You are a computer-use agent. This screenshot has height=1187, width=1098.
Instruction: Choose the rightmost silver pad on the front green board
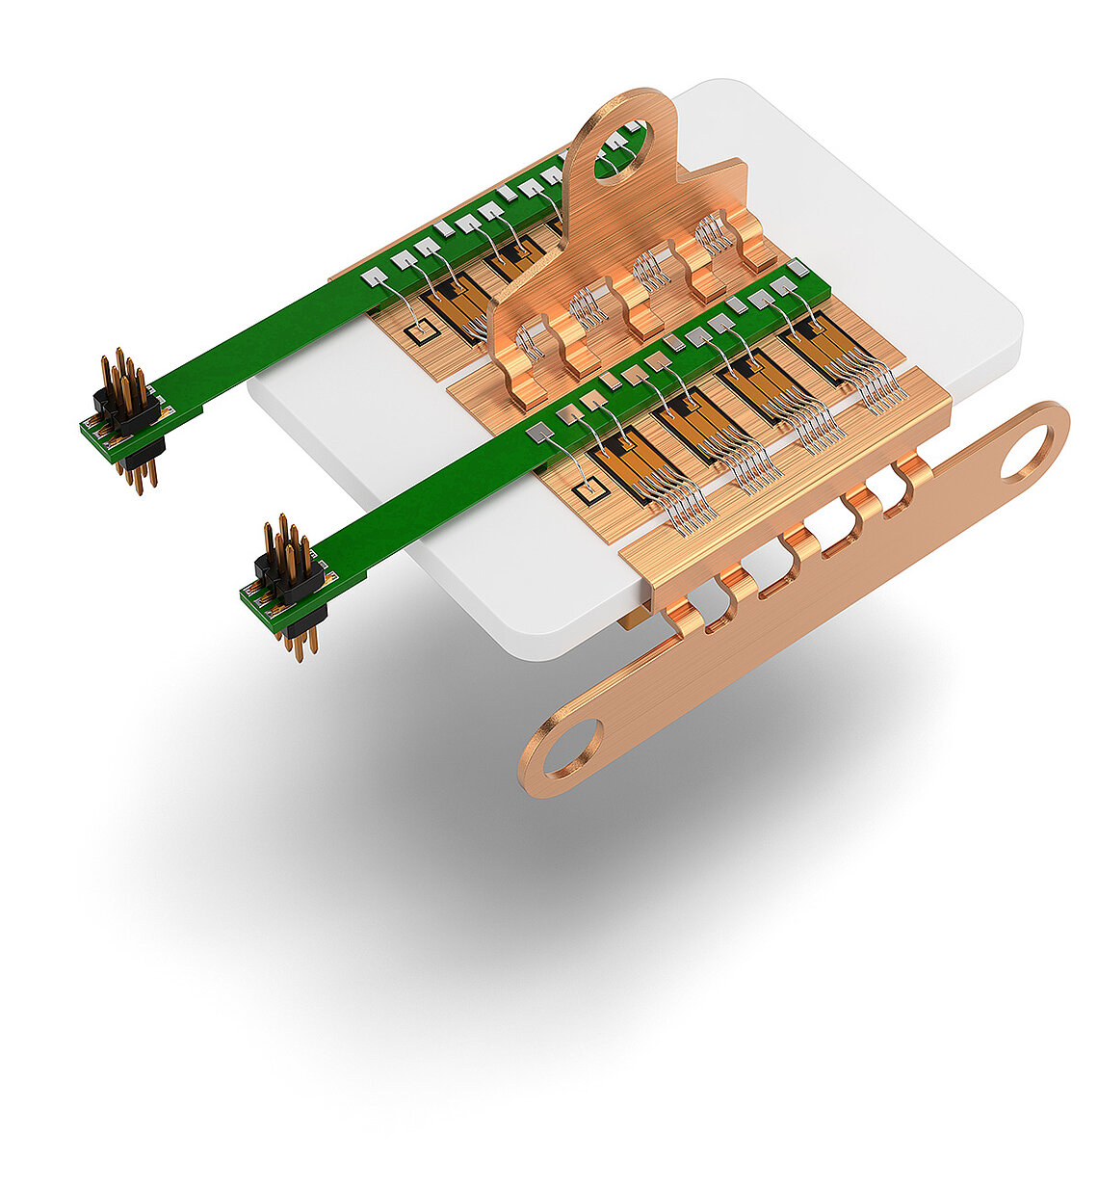point(797,267)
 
